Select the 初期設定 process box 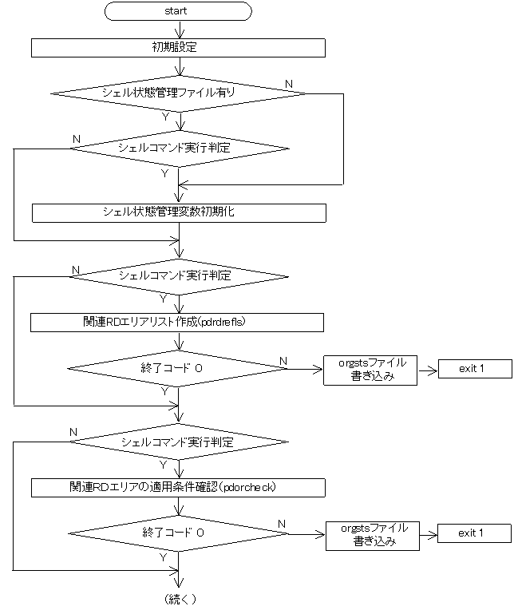179,48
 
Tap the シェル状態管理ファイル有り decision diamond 179,93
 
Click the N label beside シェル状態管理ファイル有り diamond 288,84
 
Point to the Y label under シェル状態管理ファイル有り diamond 165,116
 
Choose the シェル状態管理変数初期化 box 179,212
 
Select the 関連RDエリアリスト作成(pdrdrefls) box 177,322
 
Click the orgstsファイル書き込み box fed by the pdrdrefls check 370,370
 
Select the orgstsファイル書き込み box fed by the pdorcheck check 374,534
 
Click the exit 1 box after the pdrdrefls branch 472,370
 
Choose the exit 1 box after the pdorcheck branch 472,533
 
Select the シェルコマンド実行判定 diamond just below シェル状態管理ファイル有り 179,149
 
